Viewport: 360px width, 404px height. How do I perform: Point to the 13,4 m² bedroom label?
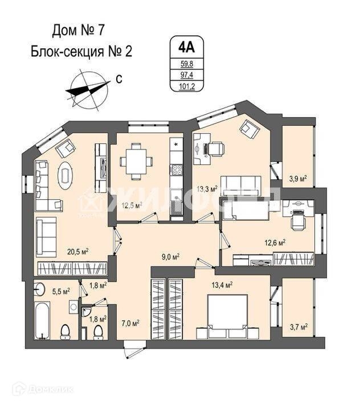click(x=222, y=284)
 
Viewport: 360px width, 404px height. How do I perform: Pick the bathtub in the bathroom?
click(x=41, y=321)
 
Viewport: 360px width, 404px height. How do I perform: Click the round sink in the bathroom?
click(x=39, y=289)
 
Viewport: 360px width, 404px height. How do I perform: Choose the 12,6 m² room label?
click(x=274, y=242)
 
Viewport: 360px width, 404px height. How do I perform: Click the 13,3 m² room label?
click(x=206, y=188)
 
